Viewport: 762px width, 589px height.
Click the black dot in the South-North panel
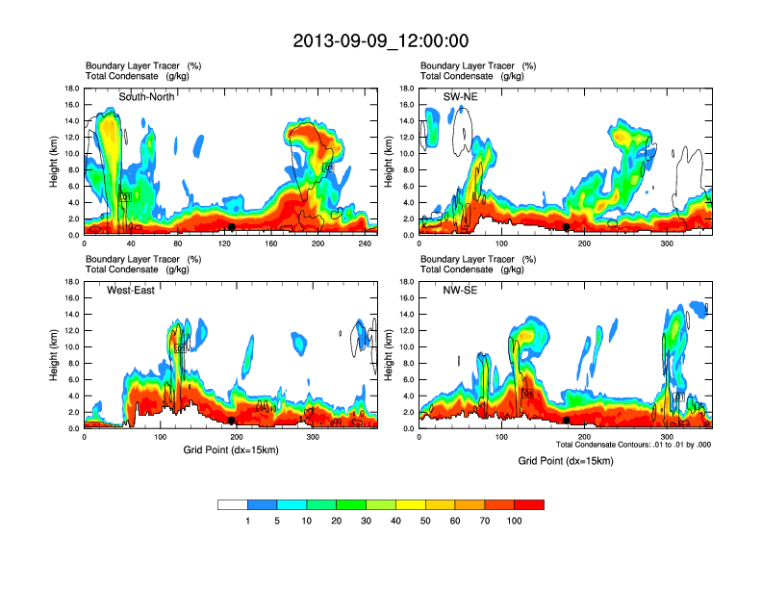click(232, 227)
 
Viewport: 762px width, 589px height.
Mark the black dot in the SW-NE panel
click(567, 227)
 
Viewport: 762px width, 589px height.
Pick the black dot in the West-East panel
click(232, 421)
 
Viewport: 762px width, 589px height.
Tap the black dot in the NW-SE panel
click(567, 421)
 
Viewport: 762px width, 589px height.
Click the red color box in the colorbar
click(529, 504)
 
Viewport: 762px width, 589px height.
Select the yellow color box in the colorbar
click(411, 504)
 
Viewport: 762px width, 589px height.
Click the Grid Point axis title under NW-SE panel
click(565, 461)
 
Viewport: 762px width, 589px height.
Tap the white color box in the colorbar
click(233, 504)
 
